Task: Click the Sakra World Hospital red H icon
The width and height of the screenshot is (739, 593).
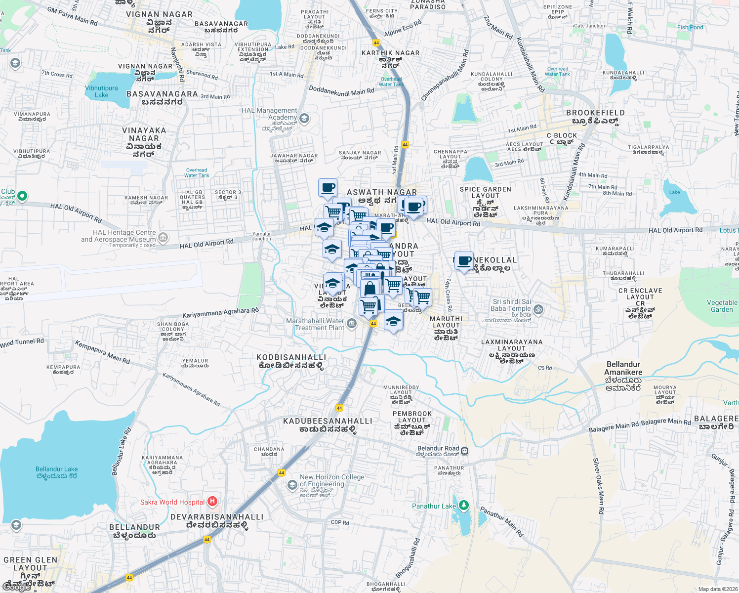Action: pyautogui.click(x=212, y=502)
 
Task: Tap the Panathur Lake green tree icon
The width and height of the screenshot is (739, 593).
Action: pyautogui.click(x=463, y=506)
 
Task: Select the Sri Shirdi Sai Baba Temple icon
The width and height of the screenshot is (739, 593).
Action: pyautogui.click(x=538, y=309)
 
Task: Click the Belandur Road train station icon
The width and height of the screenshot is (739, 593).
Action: pyautogui.click(x=464, y=451)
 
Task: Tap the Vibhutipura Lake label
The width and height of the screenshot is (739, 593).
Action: pyautogui.click(x=101, y=91)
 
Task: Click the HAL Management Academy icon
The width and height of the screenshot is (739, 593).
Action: pyautogui.click(x=304, y=118)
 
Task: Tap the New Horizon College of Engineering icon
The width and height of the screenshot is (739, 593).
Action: pyautogui.click(x=292, y=485)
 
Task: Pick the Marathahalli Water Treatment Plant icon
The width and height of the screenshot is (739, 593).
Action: pyautogui.click(x=351, y=324)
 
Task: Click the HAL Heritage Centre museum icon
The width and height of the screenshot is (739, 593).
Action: pyautogui.click(x=164, y=238)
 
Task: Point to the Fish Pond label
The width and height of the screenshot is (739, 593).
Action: pyautogui.click(x=690, y=27)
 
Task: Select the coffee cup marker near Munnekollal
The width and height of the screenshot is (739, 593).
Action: pyautogui.click(x=463, y=260)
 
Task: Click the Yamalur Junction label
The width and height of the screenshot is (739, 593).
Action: pyautogui.click(x=261, y=236)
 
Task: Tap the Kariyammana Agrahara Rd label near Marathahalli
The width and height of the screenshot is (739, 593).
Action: pyautogui.click(x=220, y=313)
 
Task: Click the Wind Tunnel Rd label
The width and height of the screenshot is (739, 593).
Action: pyautogui.click(x=22, y=342)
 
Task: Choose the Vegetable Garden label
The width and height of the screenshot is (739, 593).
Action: pyautogui.click(x=722, y=306)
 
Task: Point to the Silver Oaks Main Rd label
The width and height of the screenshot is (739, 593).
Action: pyautogui.click(x=598, y=486)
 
